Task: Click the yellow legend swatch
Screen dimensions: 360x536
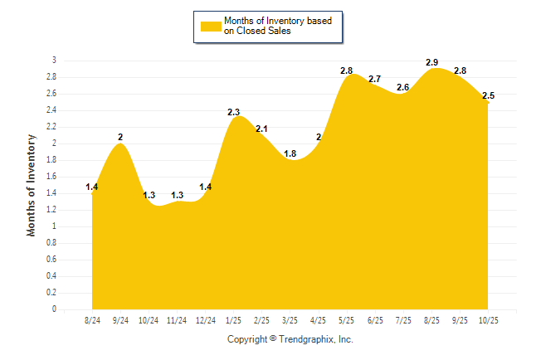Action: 211,26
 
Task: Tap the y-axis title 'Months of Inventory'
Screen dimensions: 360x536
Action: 32,185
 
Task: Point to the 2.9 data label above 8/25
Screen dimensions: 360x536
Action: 431,63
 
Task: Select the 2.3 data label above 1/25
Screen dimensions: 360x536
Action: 234,112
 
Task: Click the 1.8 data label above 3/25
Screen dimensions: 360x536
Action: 290,153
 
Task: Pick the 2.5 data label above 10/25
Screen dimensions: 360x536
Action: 488,96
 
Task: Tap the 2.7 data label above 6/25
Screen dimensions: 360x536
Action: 374,80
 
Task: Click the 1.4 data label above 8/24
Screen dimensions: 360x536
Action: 92,187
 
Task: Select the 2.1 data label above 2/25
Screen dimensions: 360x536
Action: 261,129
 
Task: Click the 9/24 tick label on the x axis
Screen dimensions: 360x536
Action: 120,319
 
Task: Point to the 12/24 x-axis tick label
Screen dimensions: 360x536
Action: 205,319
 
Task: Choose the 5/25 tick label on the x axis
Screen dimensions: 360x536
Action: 346,319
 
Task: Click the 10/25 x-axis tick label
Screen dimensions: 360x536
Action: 488,319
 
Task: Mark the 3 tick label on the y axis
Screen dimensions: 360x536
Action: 54,61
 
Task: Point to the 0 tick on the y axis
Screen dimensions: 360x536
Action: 54,309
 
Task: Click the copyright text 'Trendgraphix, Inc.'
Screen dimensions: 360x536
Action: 317,339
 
